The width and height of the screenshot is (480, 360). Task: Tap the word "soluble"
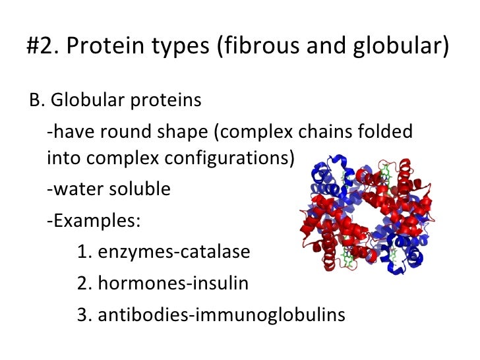click(x=140, y=190)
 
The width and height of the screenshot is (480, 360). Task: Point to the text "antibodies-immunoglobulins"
click(x=221, y=315)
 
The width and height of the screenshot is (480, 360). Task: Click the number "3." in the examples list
click(x=84, y=315)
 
